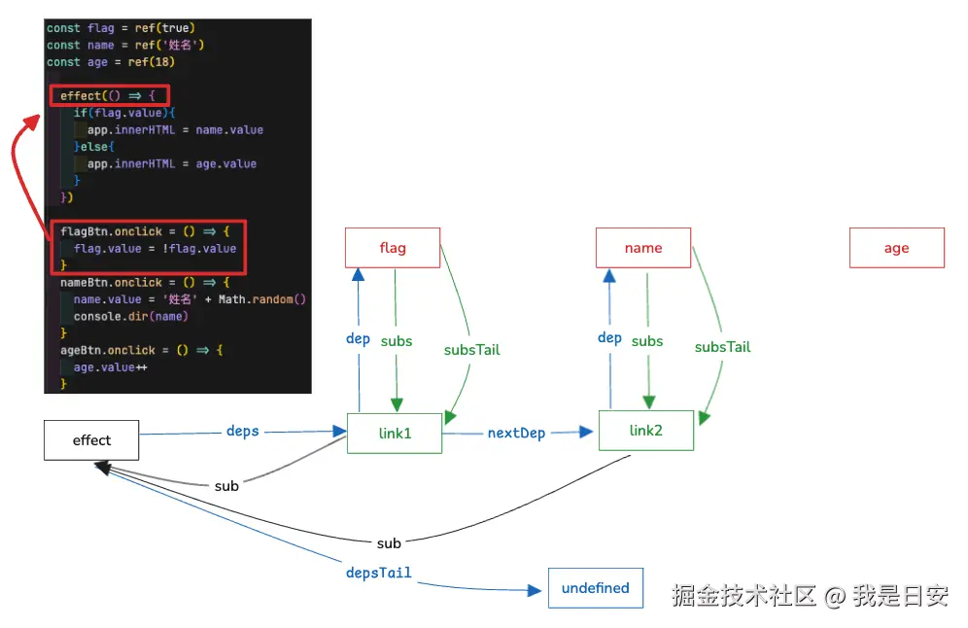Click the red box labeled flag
[393, 248]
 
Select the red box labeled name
[643, 248]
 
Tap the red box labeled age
[897, 248]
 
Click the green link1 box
[395, 434]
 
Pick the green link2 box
[646, 431]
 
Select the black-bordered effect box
[91, 440]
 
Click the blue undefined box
[596, 588]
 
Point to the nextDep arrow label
[517, 434]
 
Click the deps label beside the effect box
[243, 431]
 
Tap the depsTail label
[378, 573]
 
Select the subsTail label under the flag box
[471, 350]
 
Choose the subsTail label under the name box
[722, 347]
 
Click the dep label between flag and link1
[358, 339]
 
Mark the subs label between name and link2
[647, 341]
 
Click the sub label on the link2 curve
[389, 543]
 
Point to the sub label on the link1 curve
[226, 486]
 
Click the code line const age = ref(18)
[111, 62]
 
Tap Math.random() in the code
[261, 299]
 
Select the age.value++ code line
[111, 367]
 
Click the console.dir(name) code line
[131, 316]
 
